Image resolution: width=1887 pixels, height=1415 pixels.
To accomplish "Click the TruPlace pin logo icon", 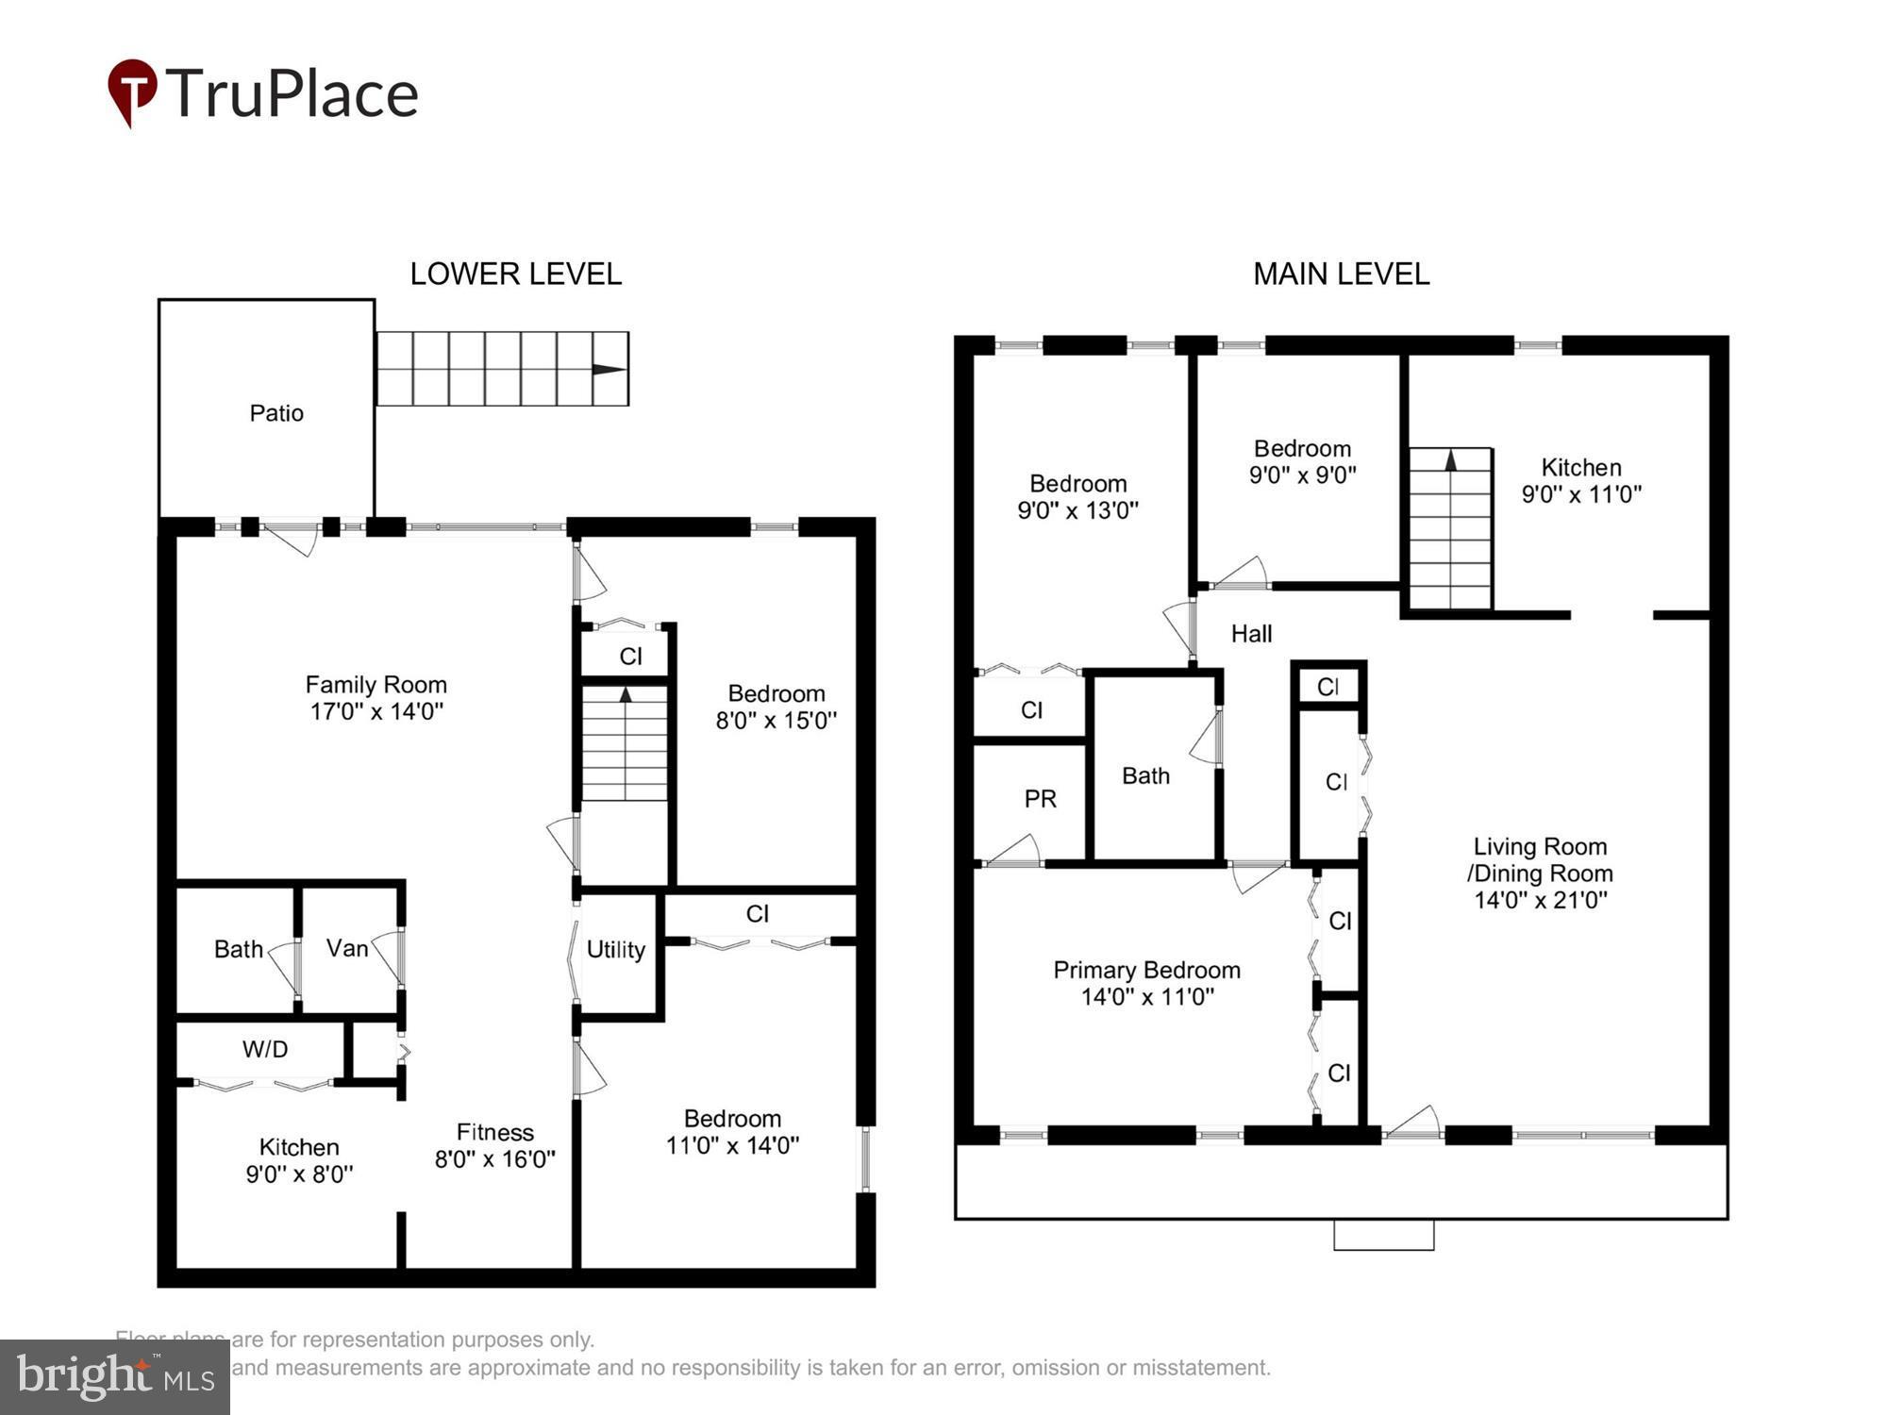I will [x=132, y=92].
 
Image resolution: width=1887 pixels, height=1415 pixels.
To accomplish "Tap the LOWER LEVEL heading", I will [x=515, y=274].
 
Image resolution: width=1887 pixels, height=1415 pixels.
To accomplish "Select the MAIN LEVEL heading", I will [x=1341, y=274].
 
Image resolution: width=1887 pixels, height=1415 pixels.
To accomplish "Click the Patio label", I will [x=276, y=413].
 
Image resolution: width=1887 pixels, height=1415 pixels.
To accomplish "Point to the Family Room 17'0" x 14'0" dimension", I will [x=376, y=711].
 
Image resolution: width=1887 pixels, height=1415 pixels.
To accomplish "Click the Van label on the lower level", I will [x=347, y=948].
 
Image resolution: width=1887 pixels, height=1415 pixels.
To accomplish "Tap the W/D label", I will [x=265, y=1049].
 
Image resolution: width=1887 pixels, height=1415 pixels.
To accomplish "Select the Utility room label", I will [x=615, y=950].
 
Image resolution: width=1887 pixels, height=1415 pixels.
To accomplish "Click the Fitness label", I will [x=495, y=1132].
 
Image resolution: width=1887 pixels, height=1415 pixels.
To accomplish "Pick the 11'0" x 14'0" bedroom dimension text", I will [x=732, y=1145].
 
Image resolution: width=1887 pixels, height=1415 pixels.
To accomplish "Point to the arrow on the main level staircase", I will [x=1450, y=460].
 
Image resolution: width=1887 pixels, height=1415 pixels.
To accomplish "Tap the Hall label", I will [x=1251, y=634].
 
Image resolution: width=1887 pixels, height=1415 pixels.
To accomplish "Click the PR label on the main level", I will [x=1040, y=799].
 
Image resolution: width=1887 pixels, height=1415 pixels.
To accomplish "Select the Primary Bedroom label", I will [x=1146, y=970].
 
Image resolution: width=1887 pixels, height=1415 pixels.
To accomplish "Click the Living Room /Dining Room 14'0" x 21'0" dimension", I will [x=1540, y=900].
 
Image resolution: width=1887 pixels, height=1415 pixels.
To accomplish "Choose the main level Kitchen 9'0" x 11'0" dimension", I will [x=1581, y=493].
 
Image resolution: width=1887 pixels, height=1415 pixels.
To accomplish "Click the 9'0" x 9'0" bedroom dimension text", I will [x=1302, y=474].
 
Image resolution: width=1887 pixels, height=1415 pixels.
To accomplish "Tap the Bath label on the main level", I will [x=1145, y=775].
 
